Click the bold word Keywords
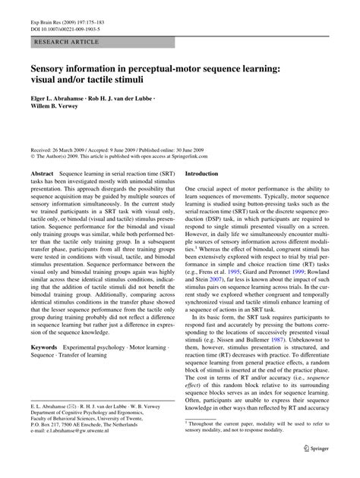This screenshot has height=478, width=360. tap(44, 347)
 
